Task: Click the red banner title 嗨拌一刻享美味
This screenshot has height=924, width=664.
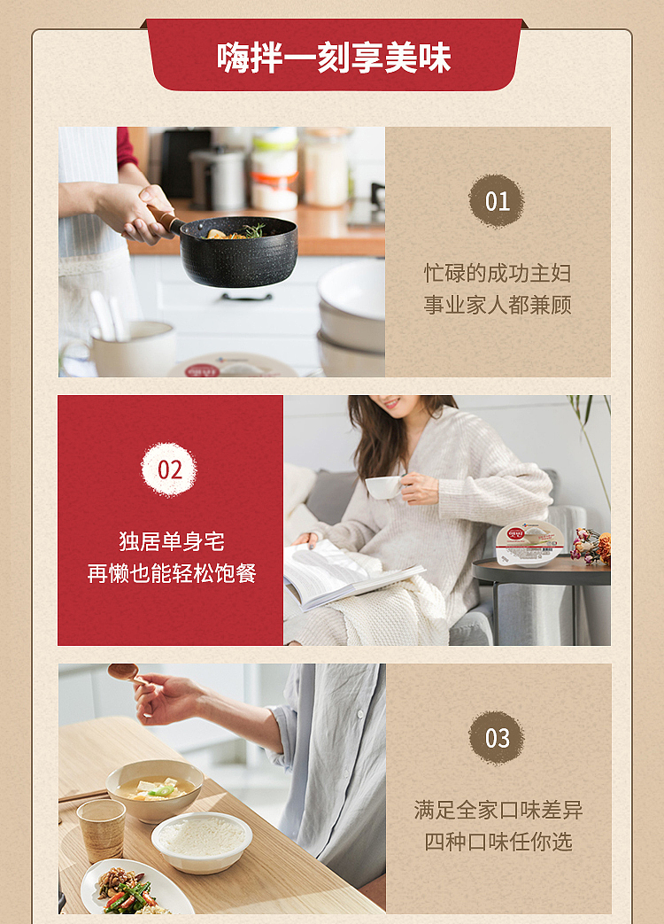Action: [334, 58]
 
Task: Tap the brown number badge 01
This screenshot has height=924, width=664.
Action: [497, 201]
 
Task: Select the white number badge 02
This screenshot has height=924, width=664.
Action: [169, 470]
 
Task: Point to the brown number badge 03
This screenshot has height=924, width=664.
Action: [497, 738]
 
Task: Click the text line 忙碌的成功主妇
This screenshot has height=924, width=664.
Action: [498, 274]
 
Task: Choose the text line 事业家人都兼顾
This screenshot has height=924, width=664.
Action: [498, 306]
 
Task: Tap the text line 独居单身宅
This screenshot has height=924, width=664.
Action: [171, 541]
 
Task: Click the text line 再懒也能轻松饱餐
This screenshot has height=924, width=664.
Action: [171, 573]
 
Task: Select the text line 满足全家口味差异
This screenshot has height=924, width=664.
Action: [498, 811]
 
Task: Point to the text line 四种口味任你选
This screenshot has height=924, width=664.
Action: [498, 842]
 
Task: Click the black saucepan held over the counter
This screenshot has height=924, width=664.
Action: [238, 252]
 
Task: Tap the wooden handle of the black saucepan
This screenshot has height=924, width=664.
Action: [165, 219]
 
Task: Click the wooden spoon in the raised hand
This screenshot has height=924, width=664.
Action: [126, 672]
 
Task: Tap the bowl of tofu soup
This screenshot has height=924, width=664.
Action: [155, 790]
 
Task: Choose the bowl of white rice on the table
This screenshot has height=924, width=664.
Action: [202, 842]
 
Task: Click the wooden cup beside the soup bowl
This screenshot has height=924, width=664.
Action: [101, 830]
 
